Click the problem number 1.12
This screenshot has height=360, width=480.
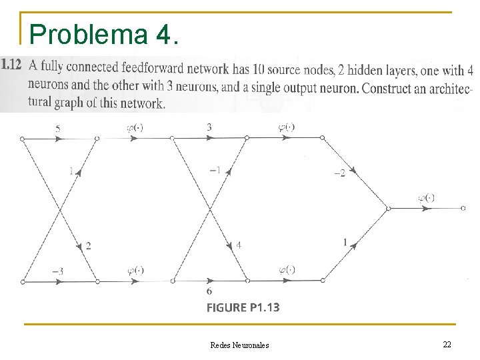12,65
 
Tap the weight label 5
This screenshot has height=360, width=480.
58,128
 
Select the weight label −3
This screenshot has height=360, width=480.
58,271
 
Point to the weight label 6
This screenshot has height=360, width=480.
209,291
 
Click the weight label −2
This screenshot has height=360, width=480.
339,173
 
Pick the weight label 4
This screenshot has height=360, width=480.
239,245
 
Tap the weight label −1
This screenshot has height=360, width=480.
215,170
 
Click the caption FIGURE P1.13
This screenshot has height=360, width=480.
243,307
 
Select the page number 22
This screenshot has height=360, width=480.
447,344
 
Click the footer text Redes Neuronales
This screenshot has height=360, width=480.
239,345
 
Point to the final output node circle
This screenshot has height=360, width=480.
463,208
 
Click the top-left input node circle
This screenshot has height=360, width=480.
22,139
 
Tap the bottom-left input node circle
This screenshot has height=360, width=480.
22,281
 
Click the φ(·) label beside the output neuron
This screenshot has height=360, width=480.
426,197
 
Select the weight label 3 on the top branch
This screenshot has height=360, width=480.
209,127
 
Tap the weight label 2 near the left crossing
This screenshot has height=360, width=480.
88,246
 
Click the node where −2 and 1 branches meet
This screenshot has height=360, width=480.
388,208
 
